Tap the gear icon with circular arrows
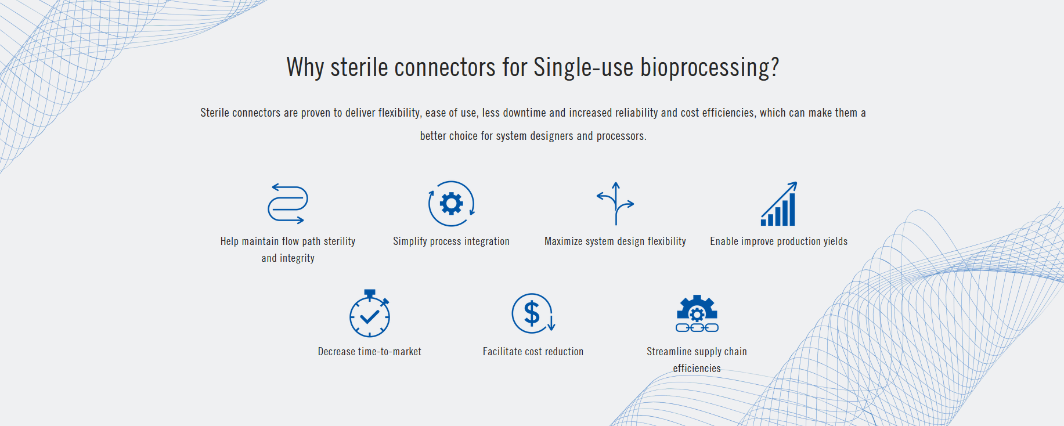[452, 204]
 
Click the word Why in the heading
[305, 67]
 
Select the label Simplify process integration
[452, 241]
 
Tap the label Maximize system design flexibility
[615, 241]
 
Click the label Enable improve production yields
[779, 241]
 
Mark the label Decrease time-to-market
[370, 352]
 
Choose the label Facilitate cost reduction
[533, 352]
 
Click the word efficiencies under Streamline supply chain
[697, 369]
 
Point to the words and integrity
[288, 258]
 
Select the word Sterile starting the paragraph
[215, 113]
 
